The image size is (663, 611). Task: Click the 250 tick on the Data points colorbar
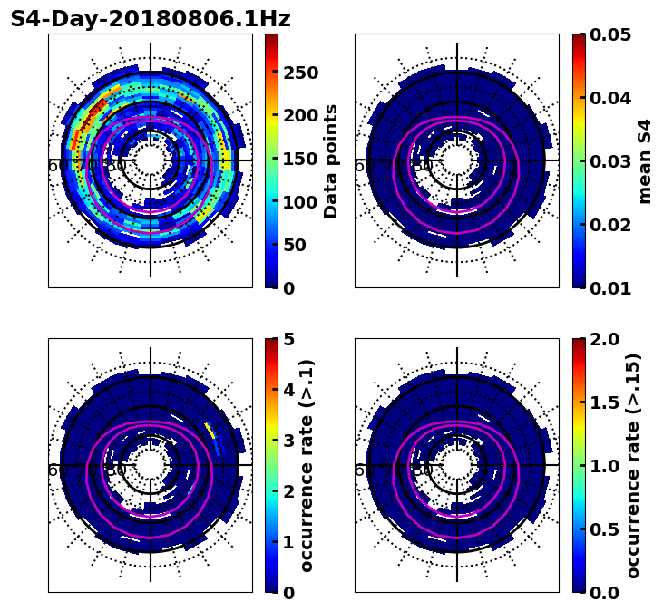click(x=300, y=73)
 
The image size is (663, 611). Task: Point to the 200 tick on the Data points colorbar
click(x=300, y=115)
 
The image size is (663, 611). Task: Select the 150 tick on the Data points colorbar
click(x=300, y=159)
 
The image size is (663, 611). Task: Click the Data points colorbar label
click(x=331, y=160)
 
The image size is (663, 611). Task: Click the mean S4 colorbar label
click(x=645, y=160)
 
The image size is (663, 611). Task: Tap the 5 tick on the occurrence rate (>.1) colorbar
click(x=289, y=339)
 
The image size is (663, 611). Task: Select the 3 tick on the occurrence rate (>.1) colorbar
click(x=289, y=441)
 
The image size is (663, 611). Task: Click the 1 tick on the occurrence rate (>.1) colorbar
click(x=289, y=542)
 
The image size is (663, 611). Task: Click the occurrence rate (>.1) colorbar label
click(x=307, y=465)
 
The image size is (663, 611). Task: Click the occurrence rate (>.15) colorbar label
click(x=633, y=465)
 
